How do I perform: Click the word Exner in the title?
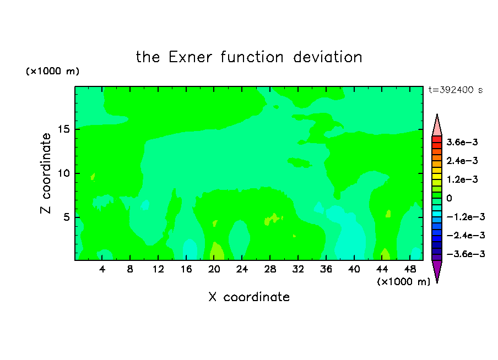[190, 57]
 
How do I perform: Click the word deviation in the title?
[327, 57]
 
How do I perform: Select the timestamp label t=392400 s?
[456, 90]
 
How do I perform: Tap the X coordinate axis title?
[249, 297]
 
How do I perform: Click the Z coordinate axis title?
[46, 173]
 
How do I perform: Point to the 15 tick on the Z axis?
[63, 129]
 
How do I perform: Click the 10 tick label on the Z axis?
[63, 173]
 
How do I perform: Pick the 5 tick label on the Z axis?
[66, 217]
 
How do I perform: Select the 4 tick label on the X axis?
[102, 269]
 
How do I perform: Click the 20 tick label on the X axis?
[214, 269]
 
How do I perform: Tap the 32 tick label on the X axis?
[298, 269]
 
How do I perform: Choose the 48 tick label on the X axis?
[410, 269]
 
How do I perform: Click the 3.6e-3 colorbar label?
[462, 142]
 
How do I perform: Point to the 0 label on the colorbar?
[449, 198]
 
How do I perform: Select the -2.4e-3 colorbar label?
[465, 235]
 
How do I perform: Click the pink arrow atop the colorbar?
[437, 127]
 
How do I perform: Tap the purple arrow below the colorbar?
[437, 270]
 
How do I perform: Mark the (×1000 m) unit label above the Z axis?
[52, 71]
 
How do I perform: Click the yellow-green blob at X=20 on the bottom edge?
[217, 252]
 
